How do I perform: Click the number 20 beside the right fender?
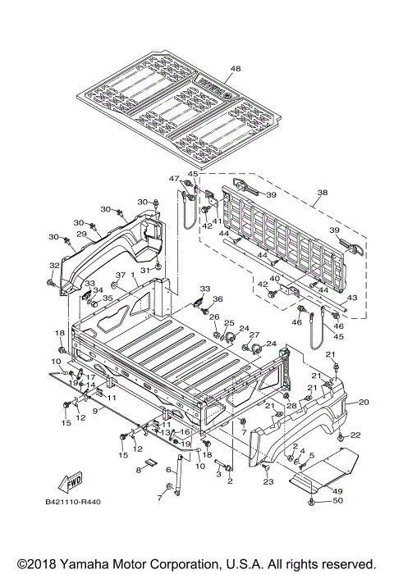coord(364,402)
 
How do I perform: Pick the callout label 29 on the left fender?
coord(81,235)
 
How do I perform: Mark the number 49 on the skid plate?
coord(337,490)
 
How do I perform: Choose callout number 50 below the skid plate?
coord(337,500)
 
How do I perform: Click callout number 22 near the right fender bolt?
coord(355,435)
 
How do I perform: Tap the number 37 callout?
coord(119,275)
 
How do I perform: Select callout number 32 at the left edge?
coord(54,265)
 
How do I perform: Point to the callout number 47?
coord(174,179)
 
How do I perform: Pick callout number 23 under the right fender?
coord(268,482)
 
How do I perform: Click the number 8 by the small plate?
coord(139,471)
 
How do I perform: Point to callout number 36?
coord(218,298)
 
